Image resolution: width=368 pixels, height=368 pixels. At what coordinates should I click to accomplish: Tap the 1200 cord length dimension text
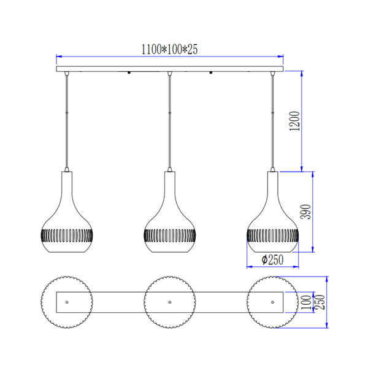point(294,121)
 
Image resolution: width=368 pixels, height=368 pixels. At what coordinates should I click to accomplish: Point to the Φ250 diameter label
point(272,259)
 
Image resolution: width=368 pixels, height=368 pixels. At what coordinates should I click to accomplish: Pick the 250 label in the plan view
point(320,302)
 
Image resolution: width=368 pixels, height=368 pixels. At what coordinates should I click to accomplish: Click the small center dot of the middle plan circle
point(169,302)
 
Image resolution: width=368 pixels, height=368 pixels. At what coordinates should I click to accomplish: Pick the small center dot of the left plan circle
point(66,302)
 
